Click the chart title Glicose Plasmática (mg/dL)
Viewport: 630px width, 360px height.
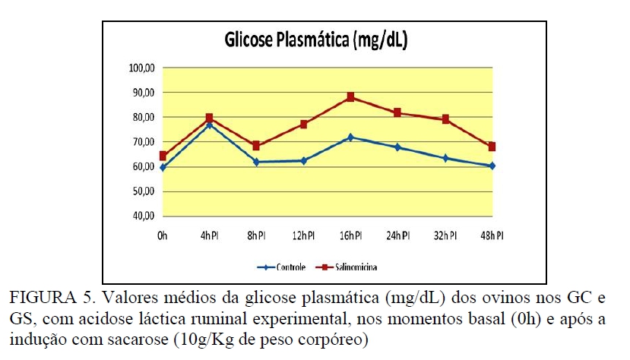click(x=315, y=41)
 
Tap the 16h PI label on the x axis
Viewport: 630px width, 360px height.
click(x=350, y=235)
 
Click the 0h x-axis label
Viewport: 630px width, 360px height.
click(x=162, y=235)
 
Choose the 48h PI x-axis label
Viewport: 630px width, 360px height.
click(x=491, y=235)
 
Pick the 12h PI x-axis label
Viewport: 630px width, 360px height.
click(x=302, y=235)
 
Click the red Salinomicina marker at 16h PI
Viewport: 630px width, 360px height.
click(x=350, y=97)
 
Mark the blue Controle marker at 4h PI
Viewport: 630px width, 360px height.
click(x=209, y=125)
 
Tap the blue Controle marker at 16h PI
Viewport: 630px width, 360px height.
click(x=350, y=137)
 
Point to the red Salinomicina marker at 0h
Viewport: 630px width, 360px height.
click(x=163, y=156)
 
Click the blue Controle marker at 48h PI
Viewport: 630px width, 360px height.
click(x=492, y=166)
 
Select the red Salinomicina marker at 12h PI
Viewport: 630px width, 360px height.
click(x=303, y=124)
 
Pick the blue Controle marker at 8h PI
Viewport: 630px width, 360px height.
click(x=256, y=162)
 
